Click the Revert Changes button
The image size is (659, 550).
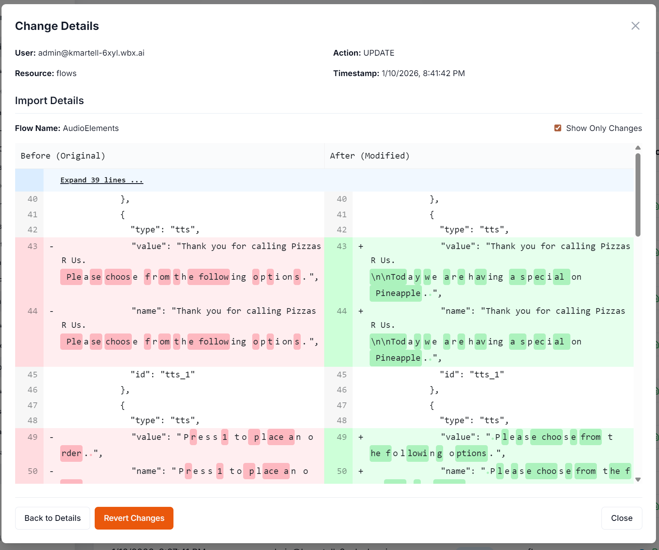[134, 518]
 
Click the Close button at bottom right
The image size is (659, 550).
[622, 518]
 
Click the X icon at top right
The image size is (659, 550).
[635, 26]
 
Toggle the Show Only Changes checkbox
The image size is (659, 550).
[557, 128]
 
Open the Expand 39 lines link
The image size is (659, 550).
[102, 180]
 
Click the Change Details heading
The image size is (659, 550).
[57, 26]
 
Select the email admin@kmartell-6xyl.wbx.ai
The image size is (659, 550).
[91, 53]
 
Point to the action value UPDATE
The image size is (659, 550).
[379, 53]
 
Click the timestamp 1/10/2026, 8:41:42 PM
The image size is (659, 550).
[423, 73]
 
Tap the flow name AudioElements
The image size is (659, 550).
[91, 128]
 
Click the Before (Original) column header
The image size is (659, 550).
[63, 156]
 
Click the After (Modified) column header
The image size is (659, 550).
[370, 156]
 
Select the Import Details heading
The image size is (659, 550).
[49, 101]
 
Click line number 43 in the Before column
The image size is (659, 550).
[33, 246]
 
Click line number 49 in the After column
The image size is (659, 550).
[342, 437]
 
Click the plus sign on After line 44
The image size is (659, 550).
[361, 311]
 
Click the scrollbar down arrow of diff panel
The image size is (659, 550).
[638, 480]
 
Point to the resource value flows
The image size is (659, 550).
[66, 73]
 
